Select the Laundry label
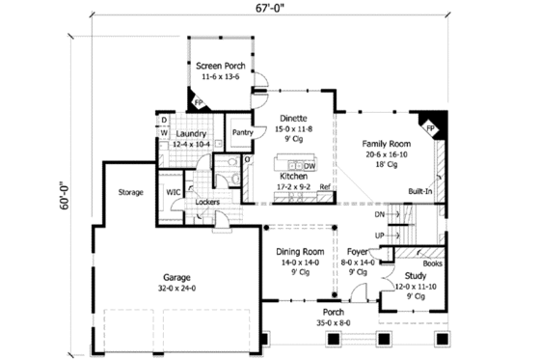point(193,133)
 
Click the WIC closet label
point(174,192)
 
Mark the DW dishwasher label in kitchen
point(309,165)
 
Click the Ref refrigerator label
point(326,186)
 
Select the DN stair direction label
point(379,215)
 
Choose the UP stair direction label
point(379,235)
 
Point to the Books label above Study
point(431,262)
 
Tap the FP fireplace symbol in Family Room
point(429,126)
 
